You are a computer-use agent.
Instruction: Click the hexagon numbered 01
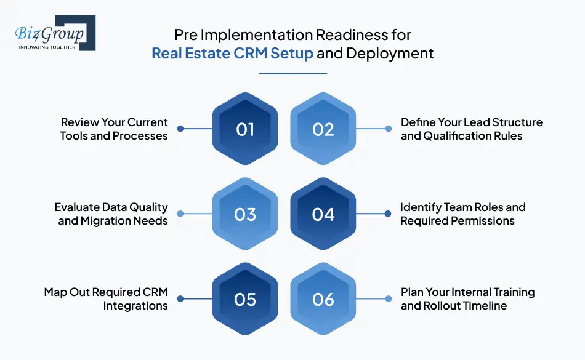[x=245, y=129]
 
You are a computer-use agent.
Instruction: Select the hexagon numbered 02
[x=323, y=129]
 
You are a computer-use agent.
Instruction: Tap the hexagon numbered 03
[x=245, y=214]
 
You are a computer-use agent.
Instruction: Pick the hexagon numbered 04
[x=323, y=214]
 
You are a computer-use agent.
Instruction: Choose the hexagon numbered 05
[x=245, y=299]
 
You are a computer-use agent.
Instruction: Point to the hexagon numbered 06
[x=323, y=299]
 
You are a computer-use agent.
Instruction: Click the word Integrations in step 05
[x=135, y=306]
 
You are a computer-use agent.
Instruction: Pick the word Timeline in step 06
[x=486, y=306]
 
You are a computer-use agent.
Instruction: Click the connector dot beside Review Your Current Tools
[x=180, y=129]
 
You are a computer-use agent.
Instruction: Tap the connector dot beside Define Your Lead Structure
[x=388, y=129]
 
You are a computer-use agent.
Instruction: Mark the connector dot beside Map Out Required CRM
[x=180, y=299]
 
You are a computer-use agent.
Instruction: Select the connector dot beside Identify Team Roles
[x=388, y=214]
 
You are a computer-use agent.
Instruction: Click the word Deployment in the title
[x=390, y=54]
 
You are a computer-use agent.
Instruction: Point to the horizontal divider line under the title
[x=292, y=74]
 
